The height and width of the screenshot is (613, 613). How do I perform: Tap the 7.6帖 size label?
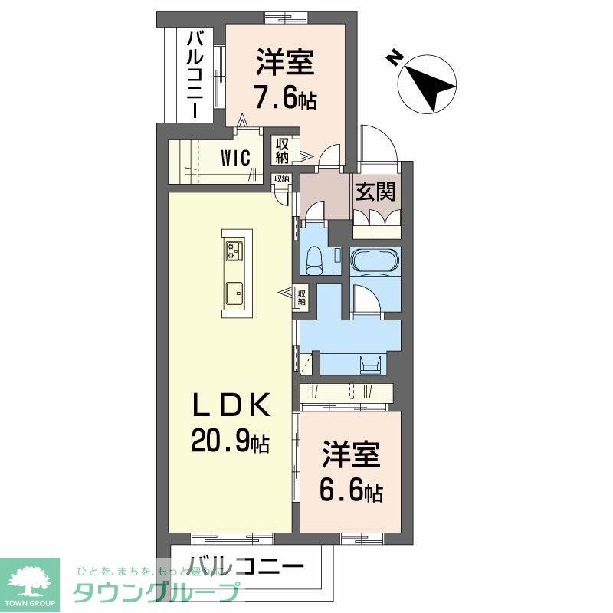pyautogui.click(x=285, y=99)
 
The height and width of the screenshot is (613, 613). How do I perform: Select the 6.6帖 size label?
pyautogui.click(x=352, y=490)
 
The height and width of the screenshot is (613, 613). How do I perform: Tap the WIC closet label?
pyautogui.click(x=236, y=158)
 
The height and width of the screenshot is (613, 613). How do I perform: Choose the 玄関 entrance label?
pyautogui.click(x=375, y=191)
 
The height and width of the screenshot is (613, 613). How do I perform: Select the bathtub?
pyautogui.click(x=375, y=263)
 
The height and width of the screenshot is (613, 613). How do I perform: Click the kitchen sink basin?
pyautogui.click(x=234, y=291)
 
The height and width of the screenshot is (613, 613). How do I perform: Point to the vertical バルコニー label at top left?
pyautogui.click(x=195, y=73)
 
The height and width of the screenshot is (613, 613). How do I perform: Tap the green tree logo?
pyautogui.click(x=30, y=579)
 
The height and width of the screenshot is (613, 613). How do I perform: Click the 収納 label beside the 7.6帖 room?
pyautogui.click(x=282, y=150)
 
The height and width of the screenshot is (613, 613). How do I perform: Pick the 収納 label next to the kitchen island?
pyautogui.click(x=302, y=296)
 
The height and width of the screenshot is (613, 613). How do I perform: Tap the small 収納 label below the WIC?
pyautogui.click(x=282, y=179)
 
